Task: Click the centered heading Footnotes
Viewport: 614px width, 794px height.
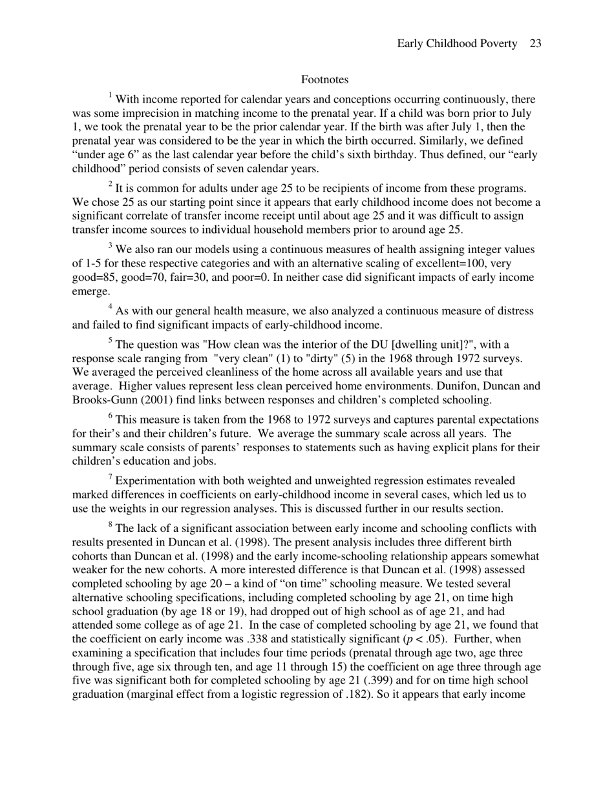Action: pyautogui.click(x=324, y=79)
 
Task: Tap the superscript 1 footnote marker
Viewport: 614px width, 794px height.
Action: pyautogui.click(x=110, y=96)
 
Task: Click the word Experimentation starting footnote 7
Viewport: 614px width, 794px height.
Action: pyautogui.click(x=154, y=481)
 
